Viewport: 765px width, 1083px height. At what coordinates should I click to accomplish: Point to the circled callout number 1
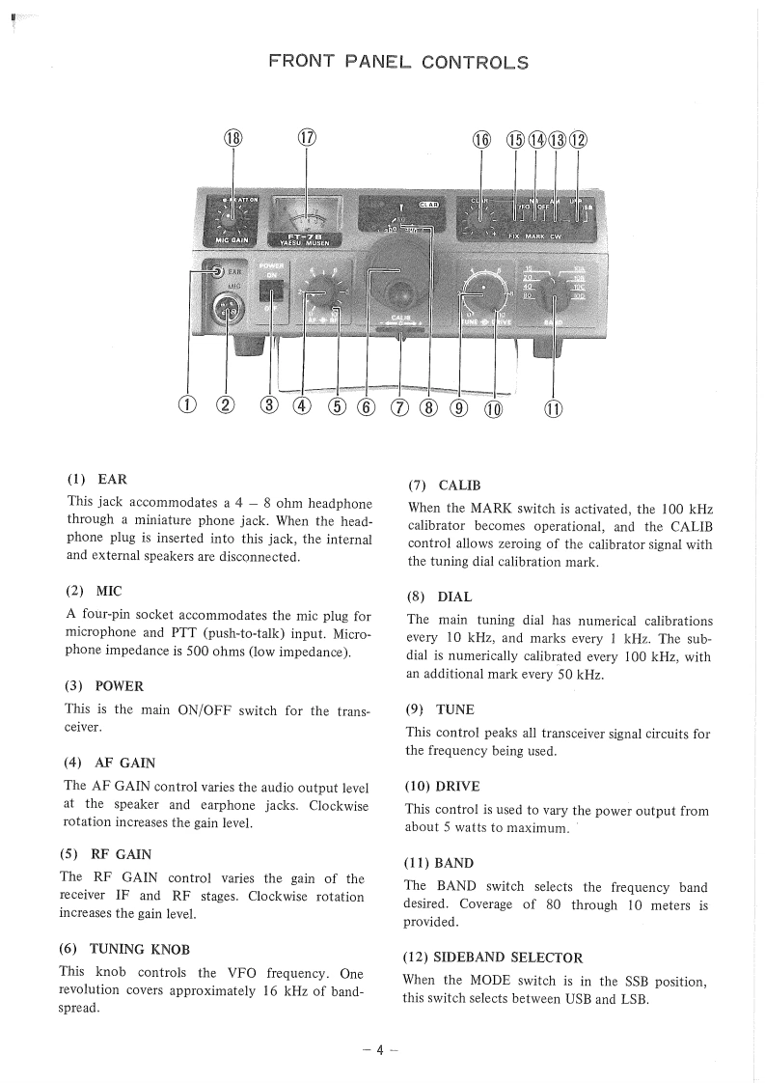pos(189,406)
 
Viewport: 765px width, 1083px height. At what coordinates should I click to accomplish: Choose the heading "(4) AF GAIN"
pos(109,763)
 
